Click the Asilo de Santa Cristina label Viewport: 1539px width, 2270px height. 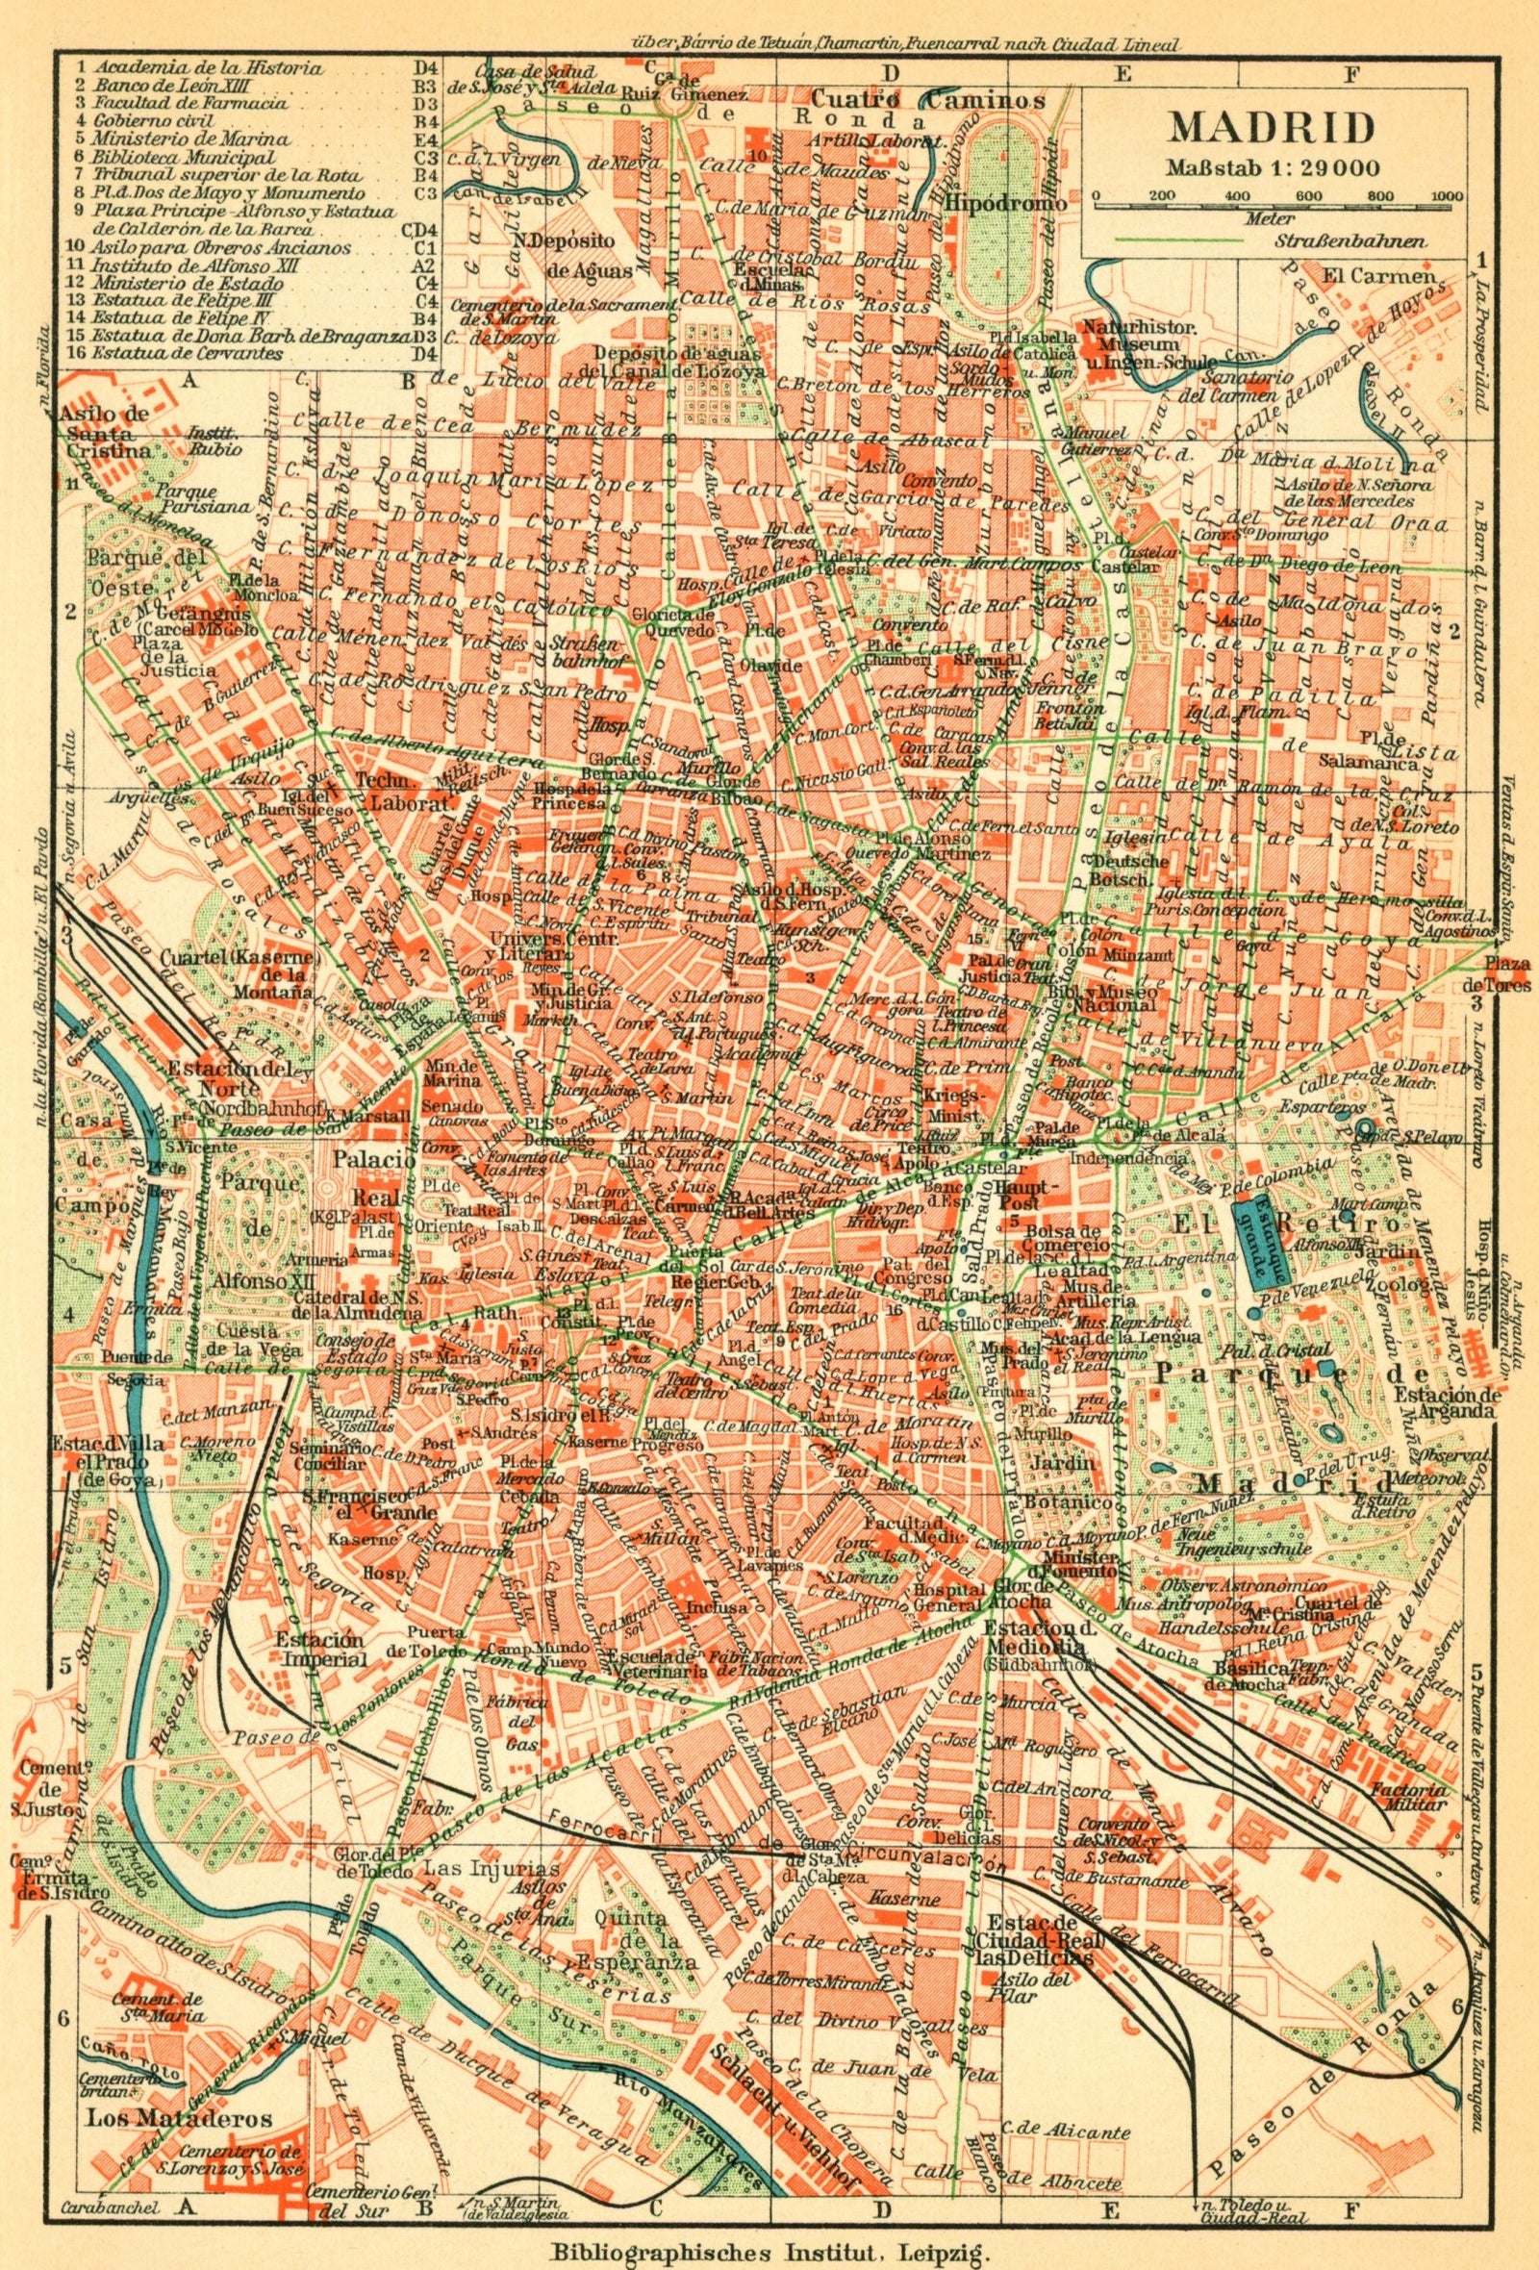(x=105, y=432)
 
